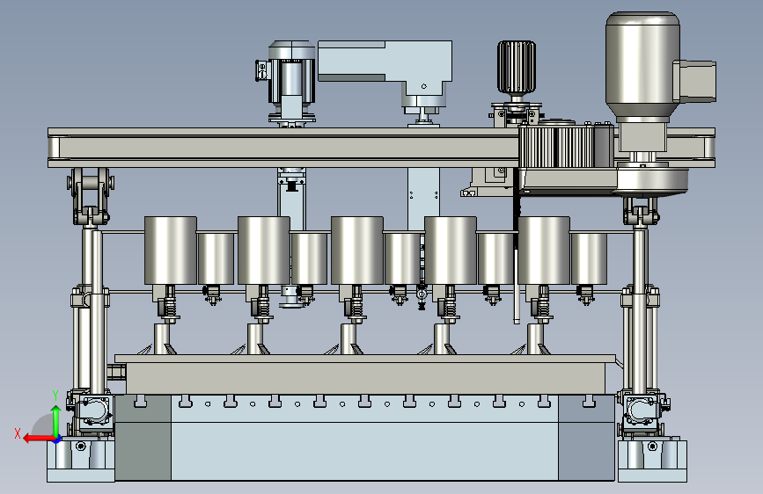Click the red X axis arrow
(x=39, y=439)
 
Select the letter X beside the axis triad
(x=18, y=433)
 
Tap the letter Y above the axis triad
(x=55, y=396)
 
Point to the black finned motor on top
(x=517, y=67)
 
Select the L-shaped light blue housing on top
(x=385, y=68)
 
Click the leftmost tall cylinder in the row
(x=171, y=251)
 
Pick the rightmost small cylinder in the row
(x=589, y=258)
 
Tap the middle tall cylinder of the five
(x=357, y=251)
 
